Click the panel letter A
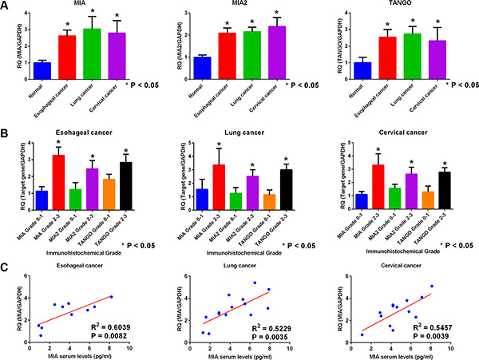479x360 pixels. click(x=6, y=6)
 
